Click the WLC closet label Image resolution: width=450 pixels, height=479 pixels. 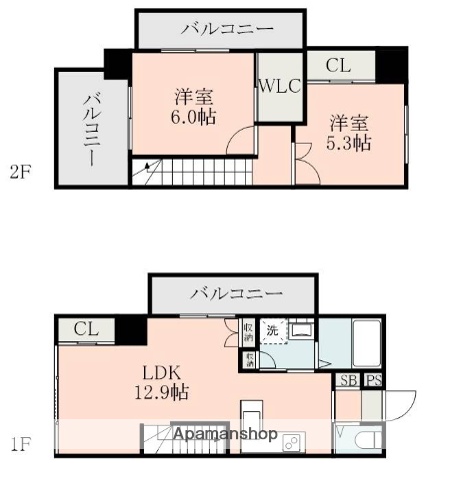pos(279,87)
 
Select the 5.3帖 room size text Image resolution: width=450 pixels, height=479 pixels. pos(350,144)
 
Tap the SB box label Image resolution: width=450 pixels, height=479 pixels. pos(347,380)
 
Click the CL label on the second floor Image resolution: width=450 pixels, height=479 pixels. pos(338,66)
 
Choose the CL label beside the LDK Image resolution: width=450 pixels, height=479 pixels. pos(85,329)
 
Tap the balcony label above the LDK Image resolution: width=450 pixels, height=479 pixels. pos(236,293)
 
